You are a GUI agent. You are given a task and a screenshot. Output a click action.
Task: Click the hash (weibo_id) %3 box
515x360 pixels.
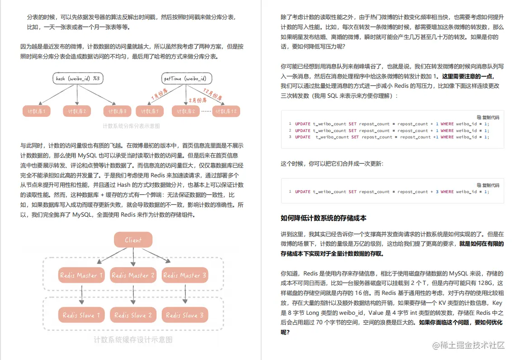77,79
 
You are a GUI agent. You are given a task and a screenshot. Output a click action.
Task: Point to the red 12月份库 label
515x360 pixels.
212,95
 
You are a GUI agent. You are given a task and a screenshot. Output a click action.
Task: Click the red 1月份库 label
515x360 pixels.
159,94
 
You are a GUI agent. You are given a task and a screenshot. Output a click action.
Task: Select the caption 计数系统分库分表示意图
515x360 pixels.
131,126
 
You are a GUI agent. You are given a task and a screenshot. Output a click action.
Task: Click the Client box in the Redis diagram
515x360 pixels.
133,240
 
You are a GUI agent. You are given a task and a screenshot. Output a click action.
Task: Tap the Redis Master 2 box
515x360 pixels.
133,275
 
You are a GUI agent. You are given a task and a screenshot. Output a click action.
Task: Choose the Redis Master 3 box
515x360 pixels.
184,275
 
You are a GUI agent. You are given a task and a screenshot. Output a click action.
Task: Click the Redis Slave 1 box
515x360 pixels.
81,315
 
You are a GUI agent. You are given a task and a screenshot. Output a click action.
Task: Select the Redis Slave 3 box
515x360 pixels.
184,315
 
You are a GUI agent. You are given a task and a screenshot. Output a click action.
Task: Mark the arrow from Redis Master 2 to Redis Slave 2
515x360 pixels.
133,294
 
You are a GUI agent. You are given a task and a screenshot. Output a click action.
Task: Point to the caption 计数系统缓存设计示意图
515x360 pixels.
133,340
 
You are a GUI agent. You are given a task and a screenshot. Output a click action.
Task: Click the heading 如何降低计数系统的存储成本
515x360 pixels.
323,218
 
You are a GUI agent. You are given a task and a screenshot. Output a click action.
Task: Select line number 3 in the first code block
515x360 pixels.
290,137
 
